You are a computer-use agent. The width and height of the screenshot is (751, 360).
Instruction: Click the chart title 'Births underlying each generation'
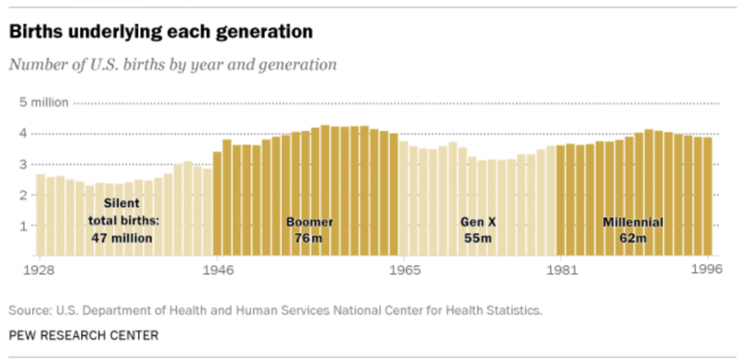[x=161, y=31]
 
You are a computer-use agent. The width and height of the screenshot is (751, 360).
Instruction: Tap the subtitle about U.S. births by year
[x=173, y=64]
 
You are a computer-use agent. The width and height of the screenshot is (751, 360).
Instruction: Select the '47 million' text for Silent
[x=122, y=238]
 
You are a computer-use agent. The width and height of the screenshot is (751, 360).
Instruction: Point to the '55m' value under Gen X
[x=478, y=238]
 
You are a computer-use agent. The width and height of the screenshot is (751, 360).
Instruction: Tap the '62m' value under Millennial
[x=633, y=238]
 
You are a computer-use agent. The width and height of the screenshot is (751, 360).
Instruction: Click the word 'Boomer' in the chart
[x=309, y=222]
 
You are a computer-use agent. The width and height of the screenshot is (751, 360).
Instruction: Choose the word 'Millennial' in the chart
[x=633, y=222]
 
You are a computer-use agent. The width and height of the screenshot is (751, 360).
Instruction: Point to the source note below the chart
[x=275, y=310]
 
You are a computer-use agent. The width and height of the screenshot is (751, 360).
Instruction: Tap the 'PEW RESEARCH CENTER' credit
[x=83, y=336]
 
